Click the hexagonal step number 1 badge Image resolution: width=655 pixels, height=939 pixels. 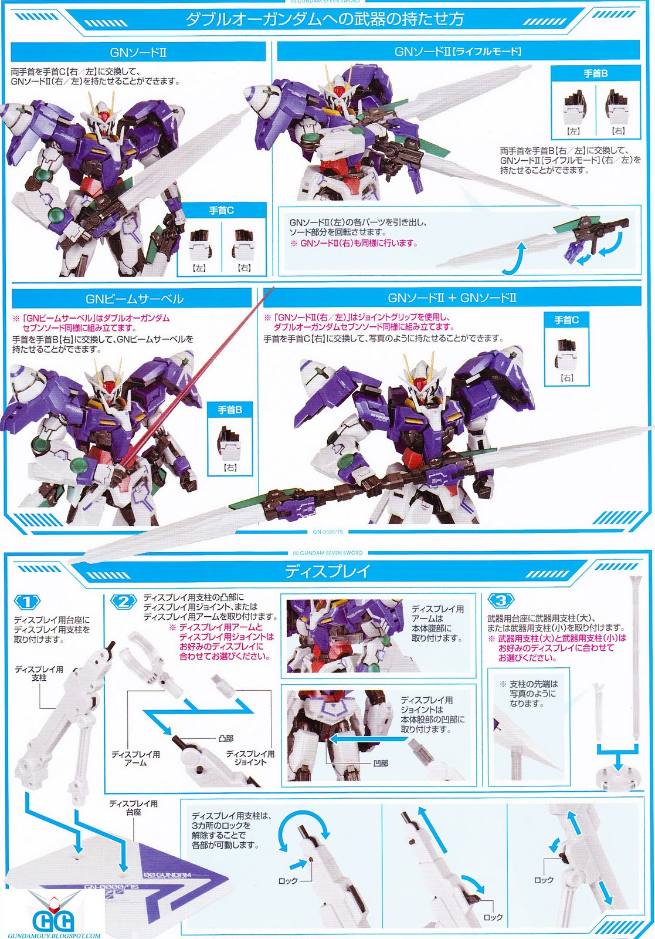[27, 603]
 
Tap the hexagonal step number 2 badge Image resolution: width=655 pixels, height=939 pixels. [124, 602]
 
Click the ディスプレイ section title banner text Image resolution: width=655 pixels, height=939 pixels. [327, 572]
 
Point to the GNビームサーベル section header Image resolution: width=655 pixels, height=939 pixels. [134, 299]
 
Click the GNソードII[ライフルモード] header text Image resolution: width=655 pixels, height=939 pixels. [458, 52]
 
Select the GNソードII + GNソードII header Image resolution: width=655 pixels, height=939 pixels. [452, 298]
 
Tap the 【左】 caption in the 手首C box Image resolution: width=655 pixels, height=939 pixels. [199, 268]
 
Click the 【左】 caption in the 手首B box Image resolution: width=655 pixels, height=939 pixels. [573, 131]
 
